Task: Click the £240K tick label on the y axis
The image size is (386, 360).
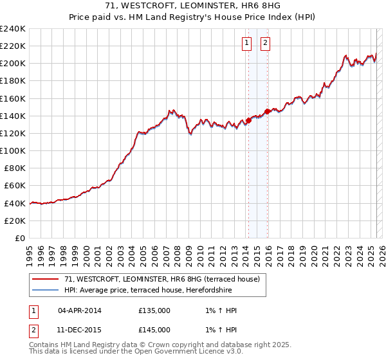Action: [13, 28]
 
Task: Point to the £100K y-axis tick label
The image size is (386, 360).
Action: [13, 150]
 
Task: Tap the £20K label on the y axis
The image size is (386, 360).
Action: [15, 221]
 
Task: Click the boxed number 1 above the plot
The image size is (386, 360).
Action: [247, 44]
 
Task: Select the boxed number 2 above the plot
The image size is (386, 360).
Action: [265, 44]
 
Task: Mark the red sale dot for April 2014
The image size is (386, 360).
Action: [248, 120]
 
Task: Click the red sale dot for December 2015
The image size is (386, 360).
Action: [268, 112]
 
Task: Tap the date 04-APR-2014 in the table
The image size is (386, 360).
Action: [80, 310]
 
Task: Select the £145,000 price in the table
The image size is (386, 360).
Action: [154, 330]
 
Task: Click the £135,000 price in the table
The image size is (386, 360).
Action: [154, 310]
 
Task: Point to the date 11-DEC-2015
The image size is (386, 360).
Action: [80, 330]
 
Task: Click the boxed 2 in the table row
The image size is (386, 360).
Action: [33, 330]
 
